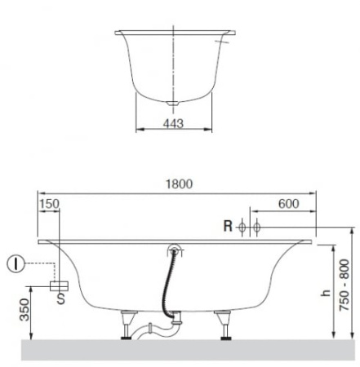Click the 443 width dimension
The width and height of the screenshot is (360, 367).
[x=173, y=124]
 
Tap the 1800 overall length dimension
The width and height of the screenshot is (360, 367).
[x=180, y=184]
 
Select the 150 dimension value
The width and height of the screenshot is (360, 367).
[x=49, y=204]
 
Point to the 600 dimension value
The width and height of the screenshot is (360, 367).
[x=289, y=204]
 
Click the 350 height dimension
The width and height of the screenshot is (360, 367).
[x=24, y=310]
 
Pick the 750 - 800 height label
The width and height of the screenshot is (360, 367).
[x=344, y=285]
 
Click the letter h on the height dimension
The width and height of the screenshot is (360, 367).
[x=326, y=293]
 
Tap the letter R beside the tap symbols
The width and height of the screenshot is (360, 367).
[x=228, y=226]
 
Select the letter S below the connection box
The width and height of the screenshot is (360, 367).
[x=61, y=298]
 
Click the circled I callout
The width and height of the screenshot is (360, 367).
[x=16, y=263]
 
